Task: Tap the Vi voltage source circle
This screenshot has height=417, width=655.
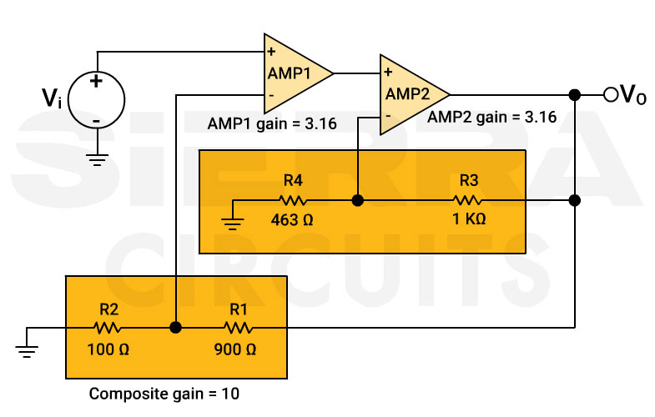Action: [x=97, y=101]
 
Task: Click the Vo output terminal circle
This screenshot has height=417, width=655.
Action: [x=610, y=95]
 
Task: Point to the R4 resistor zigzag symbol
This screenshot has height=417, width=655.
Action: [x=293, y=200]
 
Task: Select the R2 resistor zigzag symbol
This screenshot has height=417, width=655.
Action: [x=108, y=328]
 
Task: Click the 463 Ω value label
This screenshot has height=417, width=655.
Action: [x=292, y=221]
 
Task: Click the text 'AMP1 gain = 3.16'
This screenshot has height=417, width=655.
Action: [x=271, y=125]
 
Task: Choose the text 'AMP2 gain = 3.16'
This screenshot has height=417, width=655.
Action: [x=491, y=118]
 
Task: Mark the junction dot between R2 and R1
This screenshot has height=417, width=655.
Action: [x=175, y=328]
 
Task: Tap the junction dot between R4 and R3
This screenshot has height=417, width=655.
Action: [x=357, y=200]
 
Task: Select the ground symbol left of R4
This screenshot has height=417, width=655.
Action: [x=234, y=222]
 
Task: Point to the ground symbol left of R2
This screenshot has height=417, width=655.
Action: [x=28, y=350]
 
